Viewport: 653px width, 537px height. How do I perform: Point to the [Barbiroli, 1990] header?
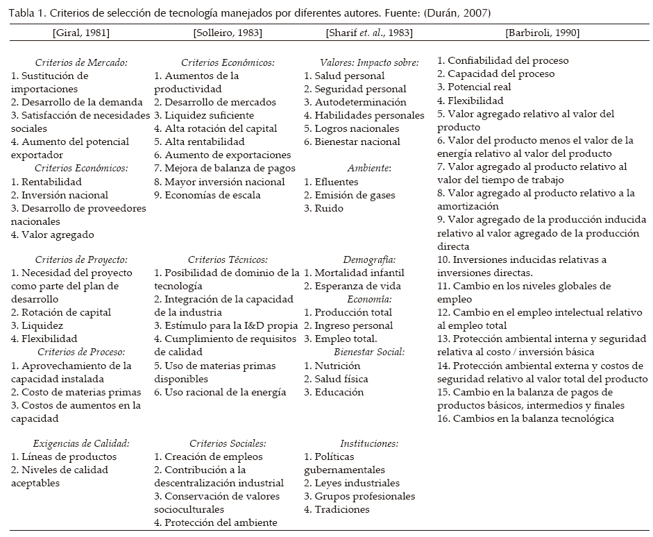pos(543,33)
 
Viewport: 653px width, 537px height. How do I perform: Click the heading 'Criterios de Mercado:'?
pos(81,62)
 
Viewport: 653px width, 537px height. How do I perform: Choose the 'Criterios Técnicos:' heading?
pos(228,260)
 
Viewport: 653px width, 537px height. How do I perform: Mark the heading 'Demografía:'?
pos(369,260)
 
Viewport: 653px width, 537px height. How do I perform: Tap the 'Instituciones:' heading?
pos(369,444)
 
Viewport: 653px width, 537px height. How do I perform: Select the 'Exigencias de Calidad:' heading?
pos(81,444)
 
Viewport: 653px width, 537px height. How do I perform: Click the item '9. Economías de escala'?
pos(207,195)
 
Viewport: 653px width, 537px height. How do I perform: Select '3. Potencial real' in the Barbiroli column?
pos(474,87)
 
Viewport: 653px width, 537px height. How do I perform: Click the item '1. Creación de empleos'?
pos(208,457)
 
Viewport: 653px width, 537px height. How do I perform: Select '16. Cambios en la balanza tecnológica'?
pos(525,418)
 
